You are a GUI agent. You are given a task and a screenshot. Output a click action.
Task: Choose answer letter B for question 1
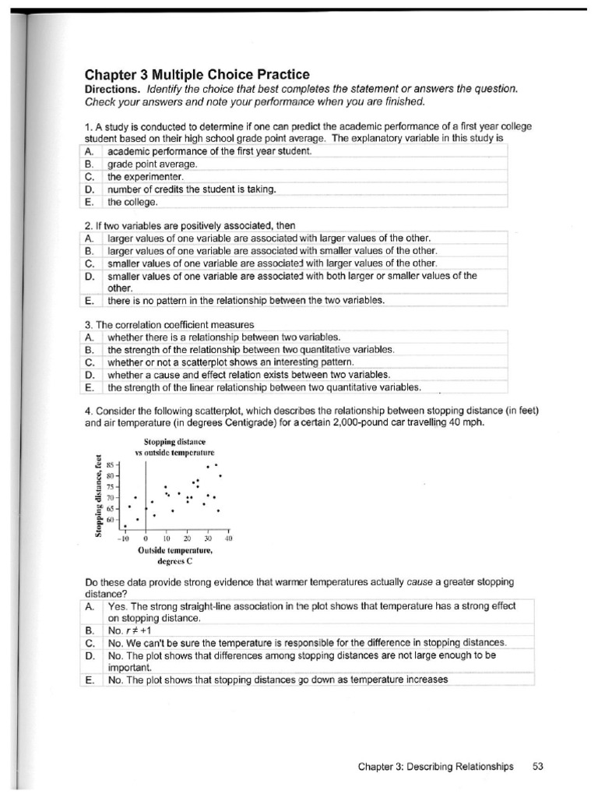point(90,164)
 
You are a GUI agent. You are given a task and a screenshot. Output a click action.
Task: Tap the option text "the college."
point(133,202)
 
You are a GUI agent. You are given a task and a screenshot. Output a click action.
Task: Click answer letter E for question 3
point(90,387)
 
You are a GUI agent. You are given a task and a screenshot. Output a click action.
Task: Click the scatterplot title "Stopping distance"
point(169,442)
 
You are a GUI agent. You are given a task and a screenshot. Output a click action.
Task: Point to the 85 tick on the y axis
point(110,463)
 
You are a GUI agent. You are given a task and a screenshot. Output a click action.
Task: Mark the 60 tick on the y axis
point(110,519)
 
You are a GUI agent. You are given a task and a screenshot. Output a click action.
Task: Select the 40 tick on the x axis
point(229,538)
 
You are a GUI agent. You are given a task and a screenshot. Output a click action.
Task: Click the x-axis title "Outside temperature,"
point(174,549)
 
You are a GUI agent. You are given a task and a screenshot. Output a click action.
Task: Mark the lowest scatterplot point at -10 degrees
point(125,526)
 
